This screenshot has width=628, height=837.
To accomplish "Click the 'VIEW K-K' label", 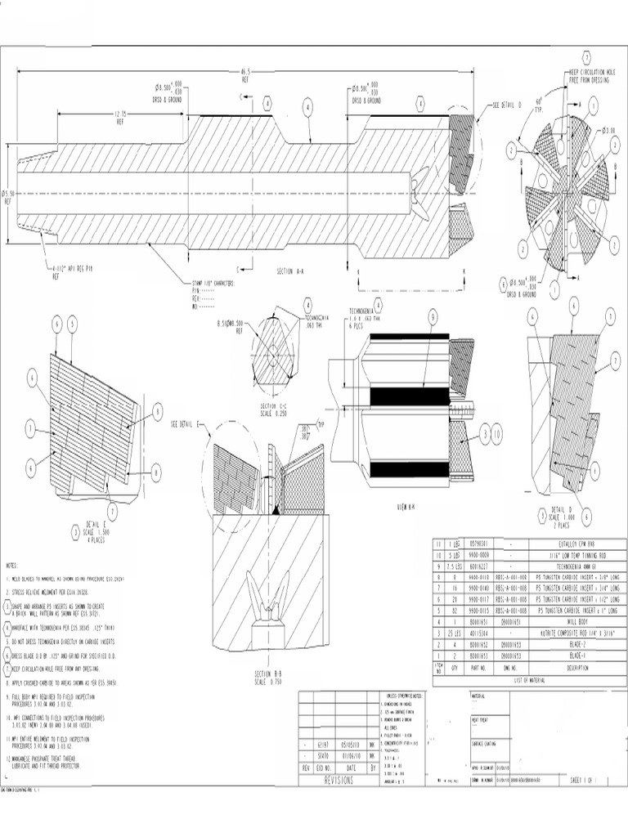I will pyautogui.click(x=406, y=506).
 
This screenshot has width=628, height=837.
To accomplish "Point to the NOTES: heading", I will pyautogui.click(x=12, y=566).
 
